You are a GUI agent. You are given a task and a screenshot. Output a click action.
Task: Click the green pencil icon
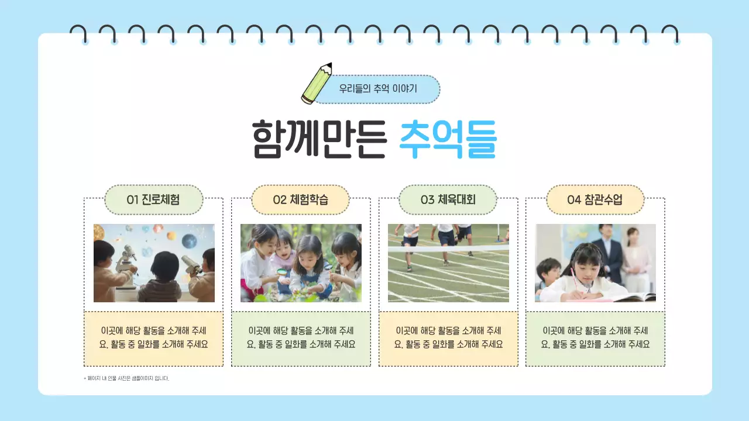pos(317,84)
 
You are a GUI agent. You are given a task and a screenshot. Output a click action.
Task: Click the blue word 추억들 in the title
pos(448,139)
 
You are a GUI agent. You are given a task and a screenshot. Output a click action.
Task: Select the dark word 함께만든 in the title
pos(319,139)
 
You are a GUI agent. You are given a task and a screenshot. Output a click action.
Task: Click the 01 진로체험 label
pos(153,200)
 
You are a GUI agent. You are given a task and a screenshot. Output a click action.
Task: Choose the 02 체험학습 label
pos(301,200)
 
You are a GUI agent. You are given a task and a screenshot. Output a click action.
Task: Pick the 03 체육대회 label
pos(448,200)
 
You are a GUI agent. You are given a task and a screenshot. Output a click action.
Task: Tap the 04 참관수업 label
pos(595,200)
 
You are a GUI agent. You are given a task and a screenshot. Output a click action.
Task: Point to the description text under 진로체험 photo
pos(154,337)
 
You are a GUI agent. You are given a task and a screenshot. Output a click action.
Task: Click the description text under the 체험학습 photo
pos(301,337)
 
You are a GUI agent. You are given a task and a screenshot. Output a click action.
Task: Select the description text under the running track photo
pos(448,337)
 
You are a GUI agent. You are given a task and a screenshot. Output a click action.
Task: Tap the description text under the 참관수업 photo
pos(595,337)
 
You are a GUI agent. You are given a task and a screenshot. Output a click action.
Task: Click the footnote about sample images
pos(126,378)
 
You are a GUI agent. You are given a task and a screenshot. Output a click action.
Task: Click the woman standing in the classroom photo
pos(635,257)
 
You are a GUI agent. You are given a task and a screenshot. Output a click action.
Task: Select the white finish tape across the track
pos(448,249)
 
